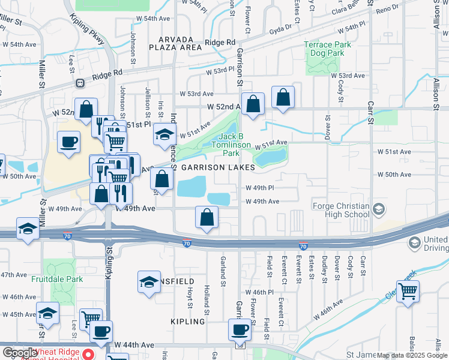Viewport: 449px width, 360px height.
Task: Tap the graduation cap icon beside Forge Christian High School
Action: click(x=379, y=209)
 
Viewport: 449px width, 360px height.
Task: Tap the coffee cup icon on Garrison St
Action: click(x=240, y=330)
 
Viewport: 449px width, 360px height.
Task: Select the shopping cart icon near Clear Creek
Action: click(x=408, y=292)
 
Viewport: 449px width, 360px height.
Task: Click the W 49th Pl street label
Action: click(x=260, y=187)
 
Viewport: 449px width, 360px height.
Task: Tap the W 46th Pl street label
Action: click(x=260, y=292)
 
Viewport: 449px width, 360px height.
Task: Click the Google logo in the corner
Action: click(x=20, y=353)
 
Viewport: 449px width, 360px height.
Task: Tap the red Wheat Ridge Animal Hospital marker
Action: click(x=88, y=353)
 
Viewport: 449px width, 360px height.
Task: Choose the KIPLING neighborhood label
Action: click(x=187, y=322)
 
